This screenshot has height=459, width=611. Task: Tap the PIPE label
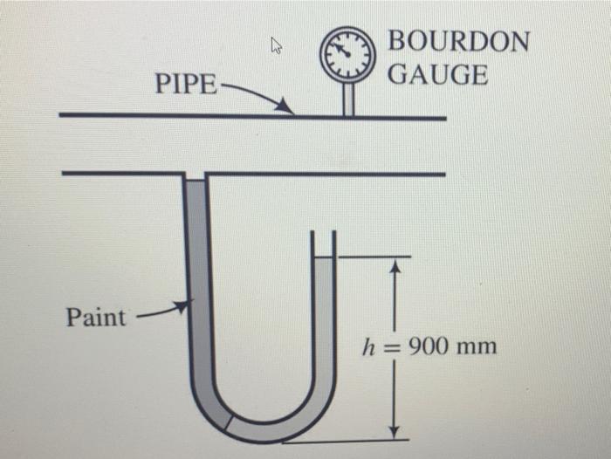185,85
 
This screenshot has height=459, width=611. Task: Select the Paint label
95,317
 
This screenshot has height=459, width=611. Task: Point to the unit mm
478,347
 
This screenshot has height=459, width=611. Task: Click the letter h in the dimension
370,347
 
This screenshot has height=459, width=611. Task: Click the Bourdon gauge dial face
348,53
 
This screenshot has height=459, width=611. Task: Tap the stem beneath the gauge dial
348,99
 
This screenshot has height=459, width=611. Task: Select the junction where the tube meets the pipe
196,176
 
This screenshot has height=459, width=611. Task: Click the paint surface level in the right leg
323,257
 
